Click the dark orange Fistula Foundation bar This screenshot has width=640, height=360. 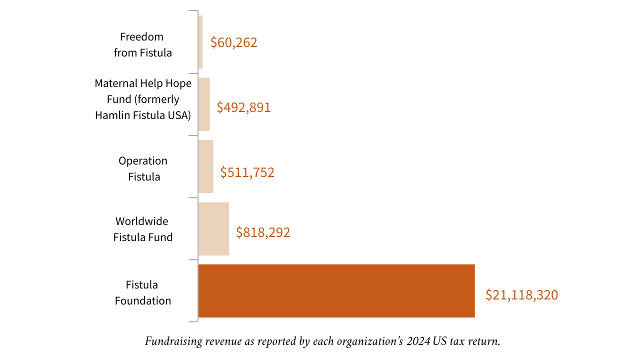click(x=336, y=290)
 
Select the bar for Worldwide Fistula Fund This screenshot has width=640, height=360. click(x=213, y=228)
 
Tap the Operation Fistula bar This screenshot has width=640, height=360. click(x=205, y=166)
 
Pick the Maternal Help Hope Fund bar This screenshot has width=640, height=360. click(x=204, y=104)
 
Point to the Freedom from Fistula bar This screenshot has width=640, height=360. click(x=200, y=42)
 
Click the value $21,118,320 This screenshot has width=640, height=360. click(x=521, y=295)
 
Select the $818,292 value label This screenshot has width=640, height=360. click(x=263, y=232)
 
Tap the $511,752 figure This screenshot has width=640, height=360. click(x=247, y=172)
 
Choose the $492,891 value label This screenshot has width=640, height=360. click(x=243, y=107)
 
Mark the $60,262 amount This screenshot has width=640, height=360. click(x=233, y=42)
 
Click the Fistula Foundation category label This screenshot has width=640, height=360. click(x=143, y=292)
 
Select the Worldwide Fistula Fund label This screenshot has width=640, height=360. click(x=143, y=229)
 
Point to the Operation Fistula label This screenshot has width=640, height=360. click(x=143, y=168)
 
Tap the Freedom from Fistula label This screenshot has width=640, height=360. click(x=142, y=44)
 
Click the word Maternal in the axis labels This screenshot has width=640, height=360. click(x=114, y=83)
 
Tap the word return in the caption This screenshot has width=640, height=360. click(x=484, y=342)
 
